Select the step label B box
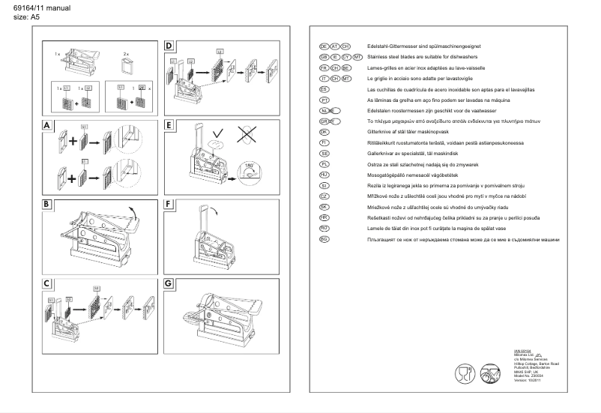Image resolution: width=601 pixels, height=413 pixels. pos(48,202)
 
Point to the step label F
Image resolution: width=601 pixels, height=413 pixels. pos(169,202)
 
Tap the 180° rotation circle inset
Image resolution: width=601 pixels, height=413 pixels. pos(248,169)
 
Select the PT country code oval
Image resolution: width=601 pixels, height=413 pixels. pos(324,99)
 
